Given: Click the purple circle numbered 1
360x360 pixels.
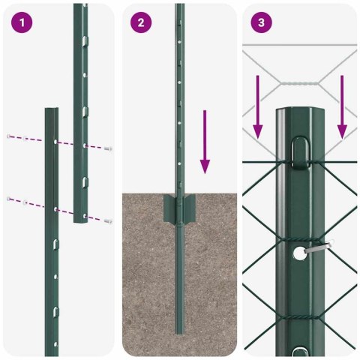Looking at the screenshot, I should tap(22, 22).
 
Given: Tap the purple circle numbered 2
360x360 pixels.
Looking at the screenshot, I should tap(141, 22).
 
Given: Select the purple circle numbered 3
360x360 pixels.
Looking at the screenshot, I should tap(260, 22).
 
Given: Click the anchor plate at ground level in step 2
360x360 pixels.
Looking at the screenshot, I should tap(179, 205).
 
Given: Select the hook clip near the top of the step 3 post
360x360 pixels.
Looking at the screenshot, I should tap(299, 148).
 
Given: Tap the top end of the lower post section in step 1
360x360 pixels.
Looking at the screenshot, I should tap(51, 110).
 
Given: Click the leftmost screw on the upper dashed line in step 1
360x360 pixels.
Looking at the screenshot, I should tap(9, 136).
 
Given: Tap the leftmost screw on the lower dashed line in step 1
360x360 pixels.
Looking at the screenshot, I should tap(9, 198).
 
